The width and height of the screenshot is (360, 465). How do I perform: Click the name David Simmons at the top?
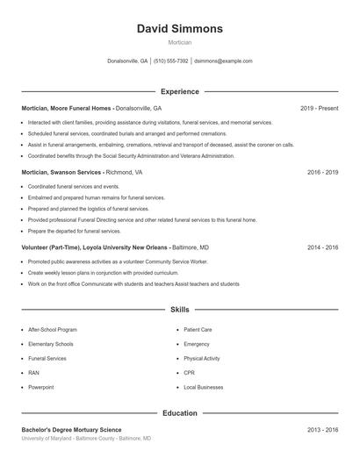tap(180, 29)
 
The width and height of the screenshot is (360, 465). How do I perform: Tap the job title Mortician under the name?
tap(180, 42)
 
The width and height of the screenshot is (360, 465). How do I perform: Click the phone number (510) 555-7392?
tap(171, 61)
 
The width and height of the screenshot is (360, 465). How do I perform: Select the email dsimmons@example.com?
tap(223, 61)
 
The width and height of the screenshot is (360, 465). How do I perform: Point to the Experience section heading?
tap(180, 91)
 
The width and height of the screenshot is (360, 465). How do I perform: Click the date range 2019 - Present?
tap(319, 108)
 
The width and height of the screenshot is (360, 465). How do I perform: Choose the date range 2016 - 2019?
tap(322, 173)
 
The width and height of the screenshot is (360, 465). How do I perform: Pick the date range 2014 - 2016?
tap(322, 247)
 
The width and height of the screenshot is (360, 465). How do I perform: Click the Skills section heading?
tap(180, 310)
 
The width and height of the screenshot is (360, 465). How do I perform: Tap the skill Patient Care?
tap(198, 330)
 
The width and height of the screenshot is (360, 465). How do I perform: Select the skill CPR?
tap(189, 373)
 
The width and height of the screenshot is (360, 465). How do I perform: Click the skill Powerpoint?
tap(41, 387)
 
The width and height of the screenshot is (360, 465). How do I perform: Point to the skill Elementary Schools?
tap(51, 344)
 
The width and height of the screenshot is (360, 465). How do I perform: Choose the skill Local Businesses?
tap(203, 387)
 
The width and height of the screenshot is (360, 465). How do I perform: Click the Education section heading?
tap(180, 413)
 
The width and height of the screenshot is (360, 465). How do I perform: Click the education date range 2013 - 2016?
tap(322, 430)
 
